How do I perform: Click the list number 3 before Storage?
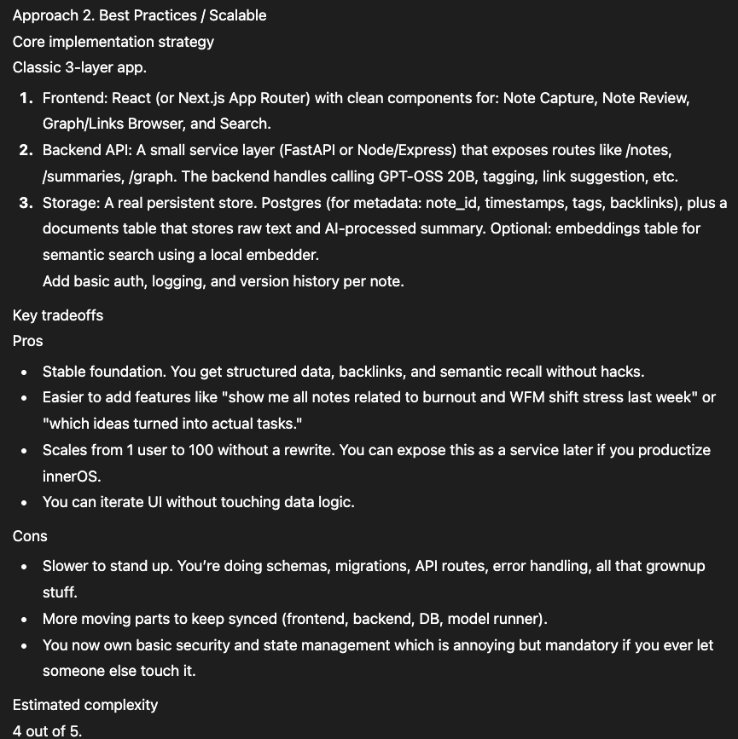[26, 203]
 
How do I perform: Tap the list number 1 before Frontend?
[26, 98]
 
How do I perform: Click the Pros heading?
[27, 341]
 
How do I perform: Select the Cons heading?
[30, 536]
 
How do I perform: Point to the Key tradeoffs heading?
[58, 315]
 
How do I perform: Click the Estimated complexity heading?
[85, 705]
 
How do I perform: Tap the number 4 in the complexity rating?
[17, 730]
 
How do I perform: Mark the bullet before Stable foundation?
[24, 372]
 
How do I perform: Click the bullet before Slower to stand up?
[24, 567]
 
